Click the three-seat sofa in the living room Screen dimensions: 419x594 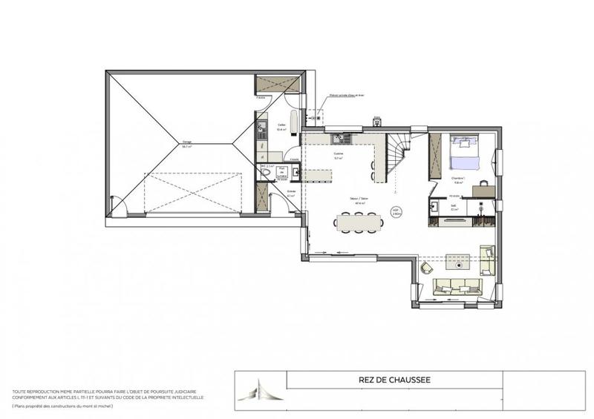(x=455, y=286)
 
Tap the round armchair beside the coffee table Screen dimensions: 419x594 (x=427, y=265)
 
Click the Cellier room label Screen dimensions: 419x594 (x=282, y=126)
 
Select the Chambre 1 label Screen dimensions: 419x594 (x=458, y=178)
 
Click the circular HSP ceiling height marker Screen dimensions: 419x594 (x=396, y=211)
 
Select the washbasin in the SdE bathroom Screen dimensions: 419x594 (x=437, y=202)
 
